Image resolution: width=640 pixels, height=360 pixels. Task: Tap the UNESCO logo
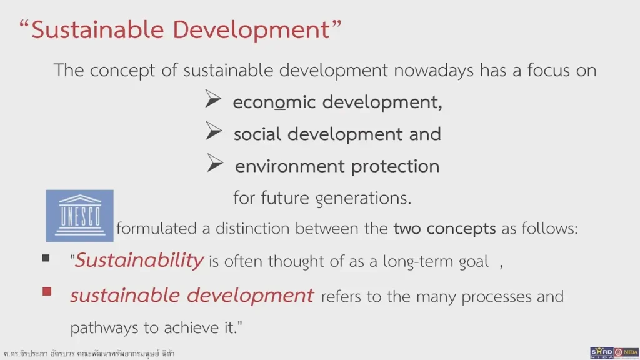point(80,216)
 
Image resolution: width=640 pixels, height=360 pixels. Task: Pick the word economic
point(274,102)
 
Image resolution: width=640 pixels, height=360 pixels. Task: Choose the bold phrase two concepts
point(444,229)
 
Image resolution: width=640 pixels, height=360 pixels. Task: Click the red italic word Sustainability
point(139,260)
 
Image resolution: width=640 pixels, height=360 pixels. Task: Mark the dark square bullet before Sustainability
point(46,258)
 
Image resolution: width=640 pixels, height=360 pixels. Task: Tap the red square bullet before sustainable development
point(46,291)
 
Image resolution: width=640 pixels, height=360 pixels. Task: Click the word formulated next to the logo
point(157,229)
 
